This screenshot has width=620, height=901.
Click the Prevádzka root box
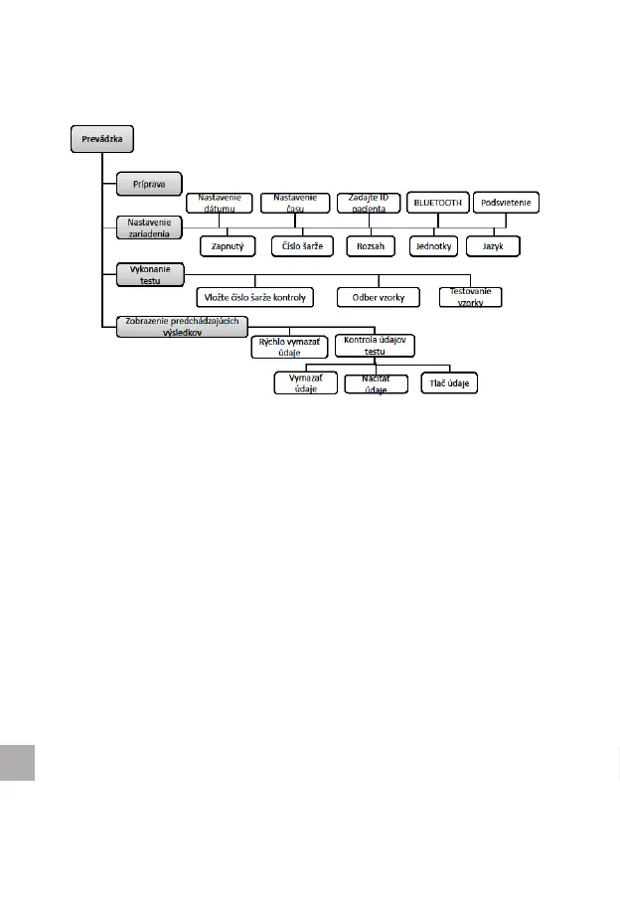[x=102, y=139]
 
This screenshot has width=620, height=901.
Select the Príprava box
[x=148, y=184]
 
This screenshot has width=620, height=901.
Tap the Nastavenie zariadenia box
[x=149, y=227]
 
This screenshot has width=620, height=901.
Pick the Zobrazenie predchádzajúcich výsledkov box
[x=181, y=327]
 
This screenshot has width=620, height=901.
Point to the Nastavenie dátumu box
[x=220, y=203]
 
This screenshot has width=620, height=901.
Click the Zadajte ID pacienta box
[x=368, y=203]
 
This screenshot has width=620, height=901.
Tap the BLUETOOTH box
[x=437, y=203]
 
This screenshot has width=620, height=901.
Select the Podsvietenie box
[x=507, y=203]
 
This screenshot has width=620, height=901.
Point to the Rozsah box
[x=372, y=244]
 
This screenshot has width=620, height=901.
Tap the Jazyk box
[x=495, y=244]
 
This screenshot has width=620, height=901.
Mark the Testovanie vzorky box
[x=470, y=296]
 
